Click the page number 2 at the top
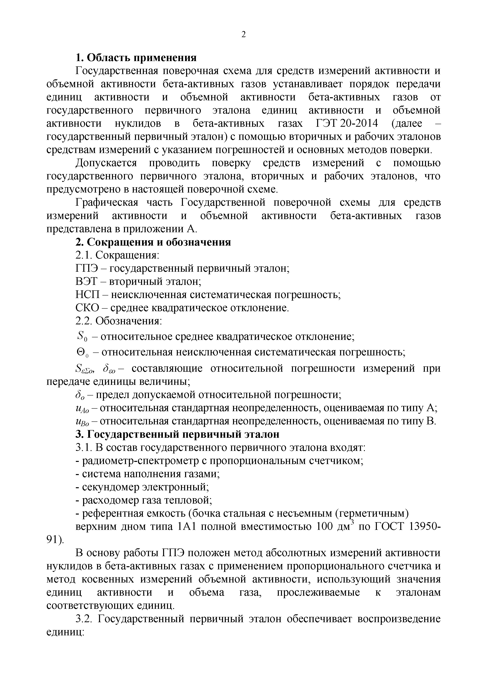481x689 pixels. coord(243,35)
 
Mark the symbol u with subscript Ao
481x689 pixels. coord(82,408)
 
